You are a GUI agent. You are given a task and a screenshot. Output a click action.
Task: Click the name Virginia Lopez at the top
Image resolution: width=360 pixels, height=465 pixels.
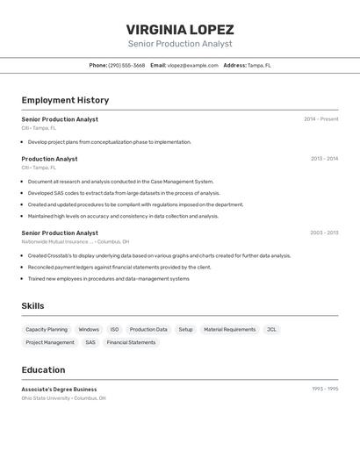point(180,29)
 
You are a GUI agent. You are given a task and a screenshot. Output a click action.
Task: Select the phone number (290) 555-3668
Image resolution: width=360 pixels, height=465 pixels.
point(126,65)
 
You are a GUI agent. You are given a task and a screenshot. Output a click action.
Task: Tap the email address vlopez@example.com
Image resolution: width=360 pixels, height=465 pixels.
point(192,65)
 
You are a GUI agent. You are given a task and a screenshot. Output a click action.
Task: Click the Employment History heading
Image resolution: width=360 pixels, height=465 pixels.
point(65,100)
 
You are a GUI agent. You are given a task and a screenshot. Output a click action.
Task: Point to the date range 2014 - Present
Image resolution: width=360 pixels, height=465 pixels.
point(320,119)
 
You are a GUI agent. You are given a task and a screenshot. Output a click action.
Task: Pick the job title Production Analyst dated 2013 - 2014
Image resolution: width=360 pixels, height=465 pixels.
point(49,159)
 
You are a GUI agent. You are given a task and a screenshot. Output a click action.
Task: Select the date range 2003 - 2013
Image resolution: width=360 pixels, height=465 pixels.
point(324,233)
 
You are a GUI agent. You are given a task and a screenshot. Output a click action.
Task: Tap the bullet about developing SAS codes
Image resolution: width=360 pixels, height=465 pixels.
point(124,193)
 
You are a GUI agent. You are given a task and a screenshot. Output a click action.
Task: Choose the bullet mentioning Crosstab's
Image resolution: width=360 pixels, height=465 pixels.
point(159,255)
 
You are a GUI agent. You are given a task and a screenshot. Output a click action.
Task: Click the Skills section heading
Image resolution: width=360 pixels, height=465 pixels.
point(32,305)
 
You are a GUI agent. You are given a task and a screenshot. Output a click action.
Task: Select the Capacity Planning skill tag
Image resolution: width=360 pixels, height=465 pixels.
point(47,330)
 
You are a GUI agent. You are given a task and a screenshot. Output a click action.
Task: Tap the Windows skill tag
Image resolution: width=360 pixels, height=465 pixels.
point(89,330)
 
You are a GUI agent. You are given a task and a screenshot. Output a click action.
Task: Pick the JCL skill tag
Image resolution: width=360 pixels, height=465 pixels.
point(271,330)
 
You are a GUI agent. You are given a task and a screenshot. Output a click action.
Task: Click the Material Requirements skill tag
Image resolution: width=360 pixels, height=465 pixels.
point(229,330)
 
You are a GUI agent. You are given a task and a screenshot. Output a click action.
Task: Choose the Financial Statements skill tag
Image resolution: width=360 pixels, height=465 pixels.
point(131,342)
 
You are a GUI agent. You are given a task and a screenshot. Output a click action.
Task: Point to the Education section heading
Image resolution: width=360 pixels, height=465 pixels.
point(43,369)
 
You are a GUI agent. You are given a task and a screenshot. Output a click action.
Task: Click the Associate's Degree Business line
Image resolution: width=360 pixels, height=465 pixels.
point(59,389)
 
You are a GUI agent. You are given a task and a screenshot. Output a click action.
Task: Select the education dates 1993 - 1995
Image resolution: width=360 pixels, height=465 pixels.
point(325,389)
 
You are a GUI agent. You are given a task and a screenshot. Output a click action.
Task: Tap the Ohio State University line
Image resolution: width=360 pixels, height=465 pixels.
point(63,397)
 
